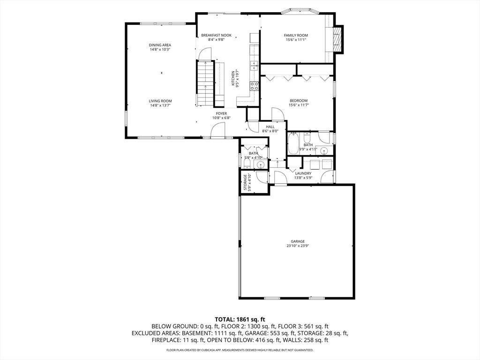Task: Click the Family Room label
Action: [296, 35]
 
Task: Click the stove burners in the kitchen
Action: [255, 86]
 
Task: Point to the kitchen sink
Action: [255, 64]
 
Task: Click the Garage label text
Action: [296, 241]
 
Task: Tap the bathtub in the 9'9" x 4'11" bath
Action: [293, 143]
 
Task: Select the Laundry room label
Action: [303, 173]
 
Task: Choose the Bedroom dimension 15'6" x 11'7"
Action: [298, 105]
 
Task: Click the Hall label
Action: [270, 127]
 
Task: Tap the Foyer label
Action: [221, 113]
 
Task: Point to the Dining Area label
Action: [160, 45]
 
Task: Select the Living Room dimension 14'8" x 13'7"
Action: [160, 105]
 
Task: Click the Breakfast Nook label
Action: [216, 35]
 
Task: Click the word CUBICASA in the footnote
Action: [213, 350]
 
